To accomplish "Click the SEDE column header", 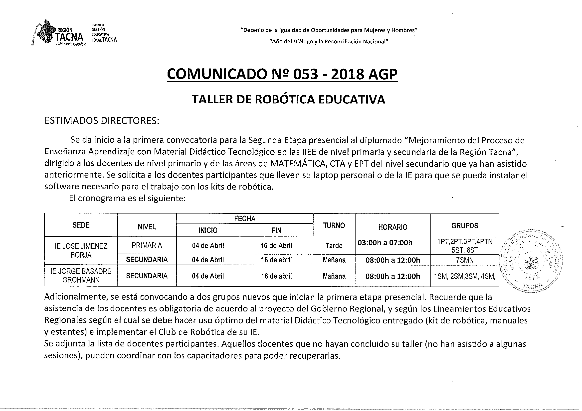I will pyautogui.click(x=81, y=225).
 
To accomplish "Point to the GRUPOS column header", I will pyautogui.click(x=465, y=226).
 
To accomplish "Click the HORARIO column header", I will pyautogui.click(x=393, y=227).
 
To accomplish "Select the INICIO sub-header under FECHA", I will pyautogui.click(x=208, y=230).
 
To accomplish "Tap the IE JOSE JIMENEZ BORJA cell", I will pyautogui.click(x=81, y=250).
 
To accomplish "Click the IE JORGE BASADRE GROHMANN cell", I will pyautogui.click(x=81, y=275).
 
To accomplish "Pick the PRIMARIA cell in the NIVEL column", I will pyautogui.click(x=147, y=245).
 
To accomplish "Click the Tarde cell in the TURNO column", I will pyautogui.click(x=334, y=246).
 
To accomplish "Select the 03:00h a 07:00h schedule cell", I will pyautogui.click(x=385, y=243).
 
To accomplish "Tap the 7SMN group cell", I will pyautogui.click(x=465, y=260).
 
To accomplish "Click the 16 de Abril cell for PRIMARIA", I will pyautogui.click(x=276, y=246).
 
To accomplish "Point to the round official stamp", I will pyautogui.click(x=531, y=260).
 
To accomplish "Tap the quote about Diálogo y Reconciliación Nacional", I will pyautogui.click(x=328, y=42).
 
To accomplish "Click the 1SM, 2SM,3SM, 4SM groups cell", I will pyautogui.click(x=465, y=276).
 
